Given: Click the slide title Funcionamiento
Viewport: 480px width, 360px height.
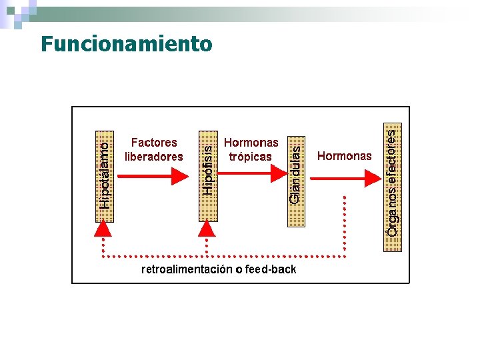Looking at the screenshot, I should point(126,44).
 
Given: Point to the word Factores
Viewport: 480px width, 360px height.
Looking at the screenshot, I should point(154,143).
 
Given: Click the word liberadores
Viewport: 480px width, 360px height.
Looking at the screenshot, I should point(154,157).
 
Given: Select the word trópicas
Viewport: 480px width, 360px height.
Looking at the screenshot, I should point(251,157).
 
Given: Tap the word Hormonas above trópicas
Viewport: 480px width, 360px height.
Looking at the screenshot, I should point(251,143).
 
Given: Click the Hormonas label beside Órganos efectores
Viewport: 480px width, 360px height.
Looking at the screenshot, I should point(344,156).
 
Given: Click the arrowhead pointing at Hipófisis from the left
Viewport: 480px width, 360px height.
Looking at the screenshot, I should point(180,176).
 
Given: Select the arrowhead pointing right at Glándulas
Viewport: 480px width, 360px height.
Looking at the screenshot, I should point(279,175).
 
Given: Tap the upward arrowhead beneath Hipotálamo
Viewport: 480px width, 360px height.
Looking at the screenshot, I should point(103,229).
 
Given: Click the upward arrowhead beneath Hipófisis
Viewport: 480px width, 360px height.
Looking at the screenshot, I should point(207,229).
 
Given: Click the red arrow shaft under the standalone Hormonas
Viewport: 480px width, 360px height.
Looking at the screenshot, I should point(337,177).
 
